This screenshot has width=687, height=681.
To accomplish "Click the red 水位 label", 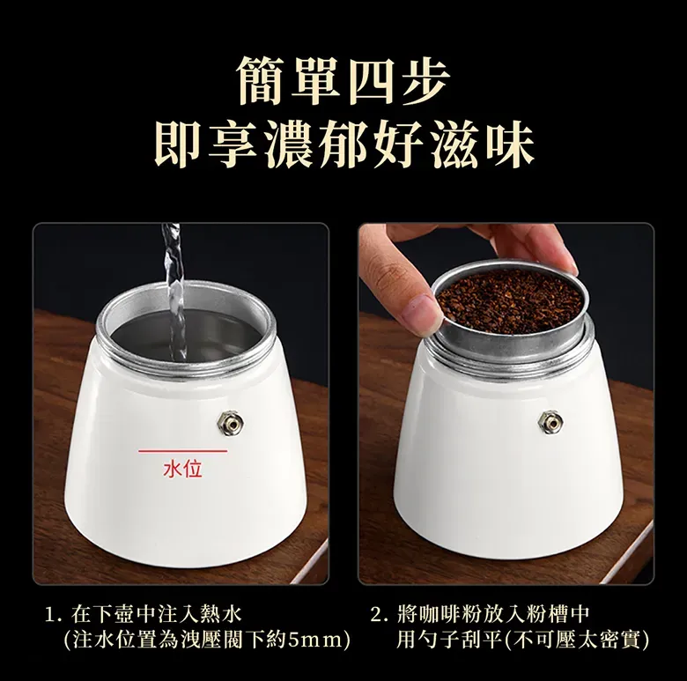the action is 182,469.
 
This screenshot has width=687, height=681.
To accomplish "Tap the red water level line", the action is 182,450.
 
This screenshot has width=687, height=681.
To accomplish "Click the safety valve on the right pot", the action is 550,423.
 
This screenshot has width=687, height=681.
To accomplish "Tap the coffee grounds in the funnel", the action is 510,302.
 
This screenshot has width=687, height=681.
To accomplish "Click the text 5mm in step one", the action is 314,640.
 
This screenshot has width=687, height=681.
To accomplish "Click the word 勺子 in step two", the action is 438,640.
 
